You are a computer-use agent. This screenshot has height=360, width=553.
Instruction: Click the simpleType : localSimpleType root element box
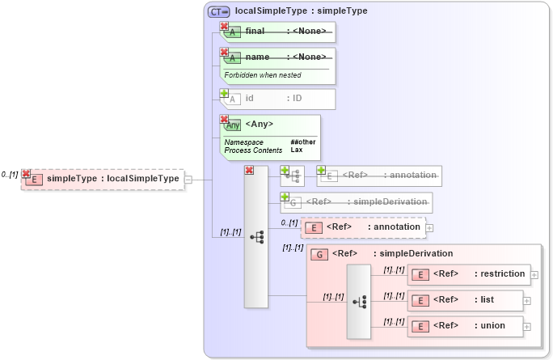tap(103, 179)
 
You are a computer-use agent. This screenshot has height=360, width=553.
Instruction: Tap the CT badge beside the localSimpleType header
tap(218, 11)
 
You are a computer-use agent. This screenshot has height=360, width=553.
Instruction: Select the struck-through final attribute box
tap(278, 32)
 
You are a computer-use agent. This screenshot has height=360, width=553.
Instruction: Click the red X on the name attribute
tap(224, 52)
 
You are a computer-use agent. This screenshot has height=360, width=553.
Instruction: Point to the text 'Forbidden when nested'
tap(263, 75)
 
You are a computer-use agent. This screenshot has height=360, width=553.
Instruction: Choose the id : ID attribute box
tap(278, 99)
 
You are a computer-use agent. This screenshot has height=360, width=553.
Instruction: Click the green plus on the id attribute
tap(224, 93)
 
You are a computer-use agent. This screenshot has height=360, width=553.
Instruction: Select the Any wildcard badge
tap(233, 125)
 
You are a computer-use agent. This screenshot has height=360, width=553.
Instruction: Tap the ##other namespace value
tap(303, 142)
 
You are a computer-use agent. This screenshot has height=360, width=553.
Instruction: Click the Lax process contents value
tap(296, 150)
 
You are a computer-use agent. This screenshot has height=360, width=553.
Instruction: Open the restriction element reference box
tap(469, 274)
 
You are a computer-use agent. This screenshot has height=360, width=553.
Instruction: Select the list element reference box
tap(465, 300)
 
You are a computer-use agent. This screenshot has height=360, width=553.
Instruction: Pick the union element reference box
tap(465, 326)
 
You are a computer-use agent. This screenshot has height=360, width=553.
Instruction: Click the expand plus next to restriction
tap(534, 274)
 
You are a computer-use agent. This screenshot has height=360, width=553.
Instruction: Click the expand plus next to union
tap(527, 326)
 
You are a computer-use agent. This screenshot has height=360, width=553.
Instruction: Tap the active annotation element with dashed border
tap(363, 227)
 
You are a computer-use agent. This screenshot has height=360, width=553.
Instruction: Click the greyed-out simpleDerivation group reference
tap(356, 202)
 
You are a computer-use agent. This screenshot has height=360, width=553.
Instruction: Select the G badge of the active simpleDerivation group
tap(319, 254)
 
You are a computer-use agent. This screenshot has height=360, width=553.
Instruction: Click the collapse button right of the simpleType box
tap(188, 179)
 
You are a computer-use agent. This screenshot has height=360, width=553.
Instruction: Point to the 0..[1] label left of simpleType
tap(10, 174)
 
